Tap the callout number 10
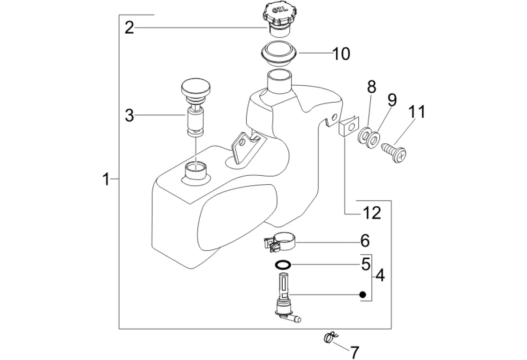[341, 54]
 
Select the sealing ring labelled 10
[279, 54]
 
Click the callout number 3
[129, 116]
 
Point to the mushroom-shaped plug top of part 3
[196, 88]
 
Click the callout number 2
[129, 27]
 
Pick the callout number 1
[106, 179]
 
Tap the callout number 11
[417, 112]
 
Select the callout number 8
[371, 87]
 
